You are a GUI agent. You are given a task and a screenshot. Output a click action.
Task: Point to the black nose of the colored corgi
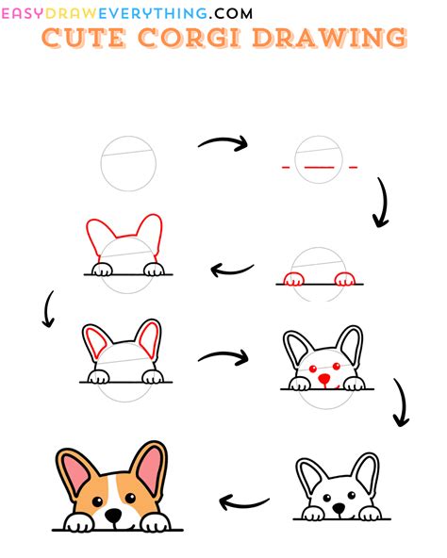(113, 516)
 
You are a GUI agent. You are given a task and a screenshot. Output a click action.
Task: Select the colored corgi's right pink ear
(148, 468)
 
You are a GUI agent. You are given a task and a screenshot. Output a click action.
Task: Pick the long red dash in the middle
(319, 168)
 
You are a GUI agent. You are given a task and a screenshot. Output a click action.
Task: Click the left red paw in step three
(294, 278)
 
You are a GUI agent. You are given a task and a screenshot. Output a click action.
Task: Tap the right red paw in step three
(345, 278)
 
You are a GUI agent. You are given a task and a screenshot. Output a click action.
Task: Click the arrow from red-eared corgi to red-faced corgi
(223, 358)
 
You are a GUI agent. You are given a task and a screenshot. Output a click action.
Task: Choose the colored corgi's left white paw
(77, 523)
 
